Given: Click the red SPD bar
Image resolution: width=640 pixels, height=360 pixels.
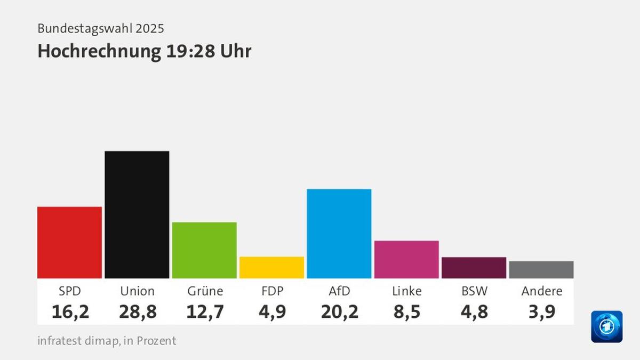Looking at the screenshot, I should tap(69, 242).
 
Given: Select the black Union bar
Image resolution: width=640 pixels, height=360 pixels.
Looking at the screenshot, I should tap(137, 214).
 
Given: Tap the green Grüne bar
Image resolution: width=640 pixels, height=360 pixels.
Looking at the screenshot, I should tap(204, 250).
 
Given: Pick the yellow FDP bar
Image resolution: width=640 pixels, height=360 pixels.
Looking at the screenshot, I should tap(271, 267).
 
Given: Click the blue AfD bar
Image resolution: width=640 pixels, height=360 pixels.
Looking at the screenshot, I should tap(339, 234).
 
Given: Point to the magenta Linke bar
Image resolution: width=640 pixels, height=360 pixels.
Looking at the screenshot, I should tap(406, 259).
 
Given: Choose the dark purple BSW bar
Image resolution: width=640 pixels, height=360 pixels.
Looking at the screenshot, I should tap(474, 267).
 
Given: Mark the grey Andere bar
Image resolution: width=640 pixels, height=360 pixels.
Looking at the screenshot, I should tap(541, 269).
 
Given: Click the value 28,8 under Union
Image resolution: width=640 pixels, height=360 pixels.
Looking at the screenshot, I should tap(138, 311).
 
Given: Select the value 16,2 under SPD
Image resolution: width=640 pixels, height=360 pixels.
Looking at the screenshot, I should tap(70, 311).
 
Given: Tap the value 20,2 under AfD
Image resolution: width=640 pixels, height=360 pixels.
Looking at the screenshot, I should tap(339, 311).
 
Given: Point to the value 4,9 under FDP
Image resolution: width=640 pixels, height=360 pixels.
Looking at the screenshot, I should tap(272, 311).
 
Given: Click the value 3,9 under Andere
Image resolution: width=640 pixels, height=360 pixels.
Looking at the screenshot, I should tap(541, 311).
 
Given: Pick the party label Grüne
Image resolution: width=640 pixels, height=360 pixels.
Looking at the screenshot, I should tap(205, 291).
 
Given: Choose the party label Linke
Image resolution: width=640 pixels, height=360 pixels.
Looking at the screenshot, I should tap(406, 291).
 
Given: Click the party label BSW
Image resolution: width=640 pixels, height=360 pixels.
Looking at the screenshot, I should tap(474, 291).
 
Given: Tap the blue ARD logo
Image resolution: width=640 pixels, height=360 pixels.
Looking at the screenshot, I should tap(606, 326).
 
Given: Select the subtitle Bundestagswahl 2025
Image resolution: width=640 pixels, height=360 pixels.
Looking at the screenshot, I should tap(101, 28).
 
